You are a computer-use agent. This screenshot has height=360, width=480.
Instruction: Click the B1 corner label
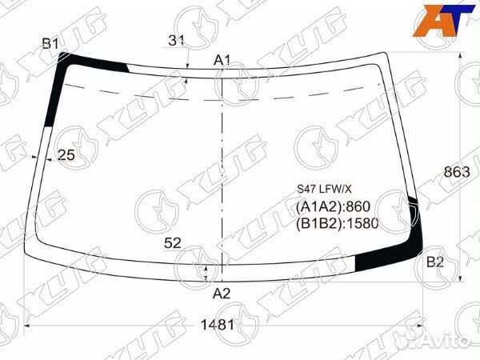coord(50,44)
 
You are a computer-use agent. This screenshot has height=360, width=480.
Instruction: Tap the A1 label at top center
coord(222,60)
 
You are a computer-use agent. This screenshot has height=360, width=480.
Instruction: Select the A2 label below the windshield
coord(222,294)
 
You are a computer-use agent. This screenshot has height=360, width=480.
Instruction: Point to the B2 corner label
coord(435,262)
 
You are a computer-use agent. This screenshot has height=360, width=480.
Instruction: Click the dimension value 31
coord(176,41)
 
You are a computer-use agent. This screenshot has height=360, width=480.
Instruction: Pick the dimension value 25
coord(66,155)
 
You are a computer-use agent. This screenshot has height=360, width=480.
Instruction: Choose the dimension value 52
coord(173,243)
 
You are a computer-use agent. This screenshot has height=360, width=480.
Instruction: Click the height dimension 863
coord(457,172)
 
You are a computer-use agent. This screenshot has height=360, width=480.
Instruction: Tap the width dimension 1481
coord(217,325)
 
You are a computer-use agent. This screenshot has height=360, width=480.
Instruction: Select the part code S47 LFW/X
coord(325,190)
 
